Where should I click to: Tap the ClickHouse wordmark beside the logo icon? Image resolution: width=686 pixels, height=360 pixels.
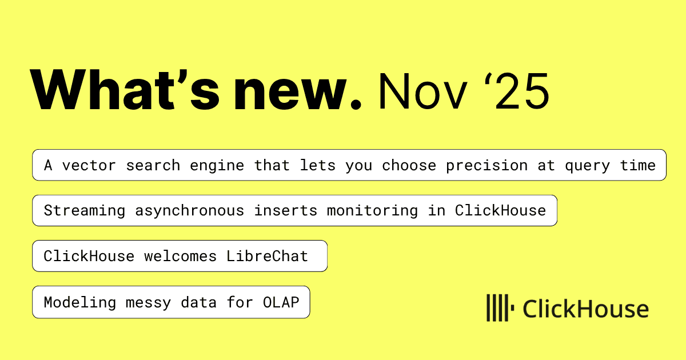(586, 309)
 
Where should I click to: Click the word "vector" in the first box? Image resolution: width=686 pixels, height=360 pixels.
(89, 165)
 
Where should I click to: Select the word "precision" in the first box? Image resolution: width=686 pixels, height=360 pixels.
(486, 165)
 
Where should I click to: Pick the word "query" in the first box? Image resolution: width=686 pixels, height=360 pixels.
(588, 165)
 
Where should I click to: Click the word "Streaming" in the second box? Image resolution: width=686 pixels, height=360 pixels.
(85, 210)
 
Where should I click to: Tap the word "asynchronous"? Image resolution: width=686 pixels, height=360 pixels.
(189, 210)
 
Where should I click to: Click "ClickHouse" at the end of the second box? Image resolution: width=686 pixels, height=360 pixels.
(500, 210)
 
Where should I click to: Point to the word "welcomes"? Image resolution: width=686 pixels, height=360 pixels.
(180, 256)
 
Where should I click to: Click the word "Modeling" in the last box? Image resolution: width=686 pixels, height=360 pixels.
(80, 302)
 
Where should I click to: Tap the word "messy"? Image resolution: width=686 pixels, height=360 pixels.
(148, 302)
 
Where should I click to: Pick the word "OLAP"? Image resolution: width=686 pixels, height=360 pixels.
(281, 302)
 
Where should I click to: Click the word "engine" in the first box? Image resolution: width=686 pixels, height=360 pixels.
(217, 165)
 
